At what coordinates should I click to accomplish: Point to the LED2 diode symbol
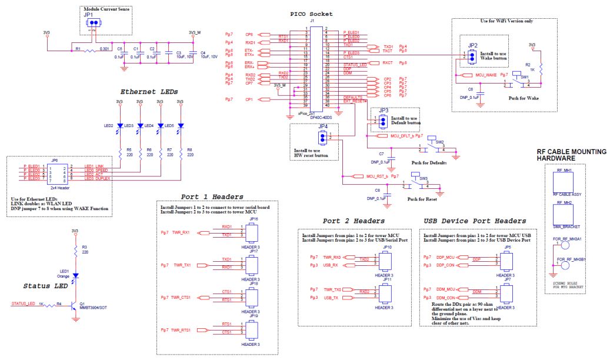120,125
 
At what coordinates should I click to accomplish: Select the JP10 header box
386,261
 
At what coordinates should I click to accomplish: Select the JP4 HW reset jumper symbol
322,138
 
